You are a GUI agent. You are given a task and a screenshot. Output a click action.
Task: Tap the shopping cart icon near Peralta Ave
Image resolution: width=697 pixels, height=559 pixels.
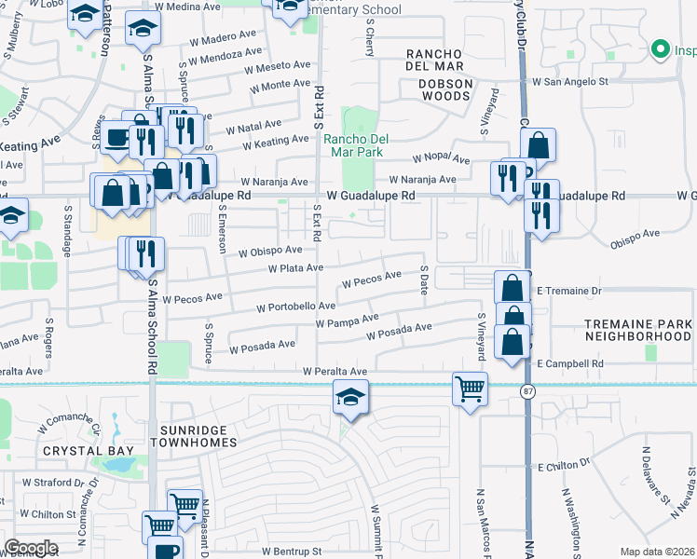click(470, 388)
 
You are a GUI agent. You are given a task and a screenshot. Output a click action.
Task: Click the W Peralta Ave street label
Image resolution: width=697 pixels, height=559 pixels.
click(334, 372)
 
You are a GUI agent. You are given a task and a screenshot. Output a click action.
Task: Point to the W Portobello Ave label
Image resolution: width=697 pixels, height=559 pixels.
click(294, 306)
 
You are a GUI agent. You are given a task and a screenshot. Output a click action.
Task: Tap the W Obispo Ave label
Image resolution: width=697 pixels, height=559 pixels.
click(270, 251)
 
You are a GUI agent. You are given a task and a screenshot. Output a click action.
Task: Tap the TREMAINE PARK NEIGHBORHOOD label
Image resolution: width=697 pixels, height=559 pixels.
click(638, 330)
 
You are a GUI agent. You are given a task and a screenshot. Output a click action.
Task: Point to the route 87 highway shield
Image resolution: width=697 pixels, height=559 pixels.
click(527, 393)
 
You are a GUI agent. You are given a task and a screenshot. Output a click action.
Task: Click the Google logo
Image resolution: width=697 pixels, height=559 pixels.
click(31, 548)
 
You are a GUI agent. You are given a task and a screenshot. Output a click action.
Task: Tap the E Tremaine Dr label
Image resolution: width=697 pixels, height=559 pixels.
click(569, 290)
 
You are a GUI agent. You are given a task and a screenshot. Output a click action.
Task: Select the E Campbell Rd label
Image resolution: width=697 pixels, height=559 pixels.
click(570, 363)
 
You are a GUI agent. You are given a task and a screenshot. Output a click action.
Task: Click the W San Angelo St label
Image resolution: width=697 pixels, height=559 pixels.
click(569, 82)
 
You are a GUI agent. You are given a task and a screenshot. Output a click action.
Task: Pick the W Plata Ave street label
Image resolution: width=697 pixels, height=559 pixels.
click(295, 268)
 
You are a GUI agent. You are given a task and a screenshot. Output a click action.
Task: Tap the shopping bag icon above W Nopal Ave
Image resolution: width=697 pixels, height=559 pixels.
click(538, 146)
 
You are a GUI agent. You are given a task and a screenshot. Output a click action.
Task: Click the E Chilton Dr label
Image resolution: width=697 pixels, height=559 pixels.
click(564, 463)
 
